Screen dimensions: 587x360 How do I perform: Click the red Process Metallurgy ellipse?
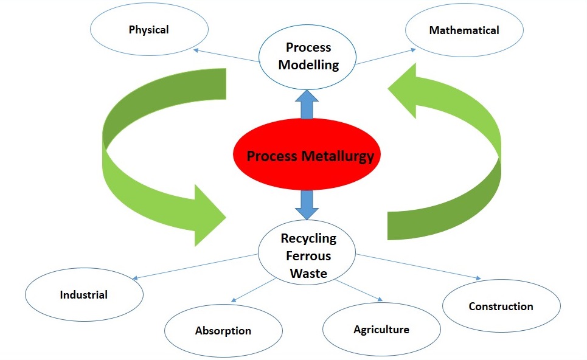pos(307,154)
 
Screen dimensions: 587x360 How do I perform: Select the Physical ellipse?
pos(149,29)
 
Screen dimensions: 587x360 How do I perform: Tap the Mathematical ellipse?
pos(464,30)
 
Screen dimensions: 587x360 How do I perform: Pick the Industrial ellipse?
pos(84,294)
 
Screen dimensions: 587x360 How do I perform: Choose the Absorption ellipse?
pos(223,331)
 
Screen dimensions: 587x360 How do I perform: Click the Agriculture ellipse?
pos(381,330)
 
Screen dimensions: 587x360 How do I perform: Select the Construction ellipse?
pos(501,306)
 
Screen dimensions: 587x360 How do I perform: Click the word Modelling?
pos(308,65)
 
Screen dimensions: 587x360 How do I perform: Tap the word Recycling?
pos(308,238)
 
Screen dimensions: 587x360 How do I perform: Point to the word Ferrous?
pos(308,256)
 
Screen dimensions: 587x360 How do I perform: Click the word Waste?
pos(308,273)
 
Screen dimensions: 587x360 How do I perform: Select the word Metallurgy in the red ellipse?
pos(338,156)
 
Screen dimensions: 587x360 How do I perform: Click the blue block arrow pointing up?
pos(307,105)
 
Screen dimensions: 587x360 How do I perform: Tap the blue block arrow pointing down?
pos(307,205)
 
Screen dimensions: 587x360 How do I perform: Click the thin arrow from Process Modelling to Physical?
pos(226,55)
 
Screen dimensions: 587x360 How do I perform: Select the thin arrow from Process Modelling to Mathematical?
pos(385,57)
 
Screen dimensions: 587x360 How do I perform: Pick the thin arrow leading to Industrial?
pos(195,267)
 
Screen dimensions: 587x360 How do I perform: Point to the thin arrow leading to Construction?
pos(419,267)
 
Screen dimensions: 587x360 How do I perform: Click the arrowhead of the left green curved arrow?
pos(210,215)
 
